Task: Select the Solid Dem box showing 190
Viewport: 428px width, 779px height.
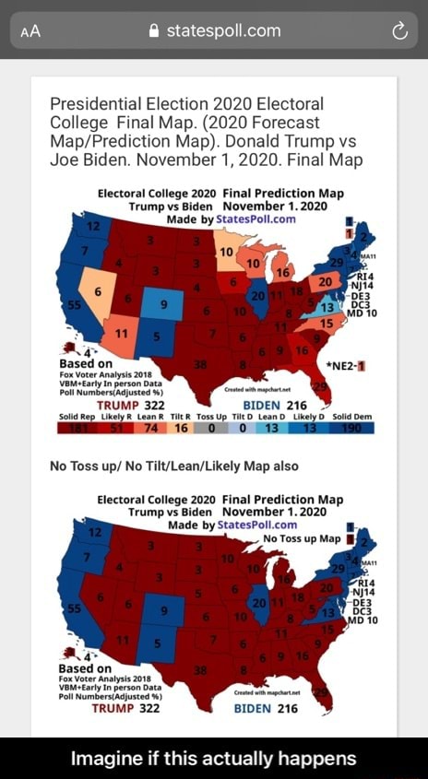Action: tap(353, 427)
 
